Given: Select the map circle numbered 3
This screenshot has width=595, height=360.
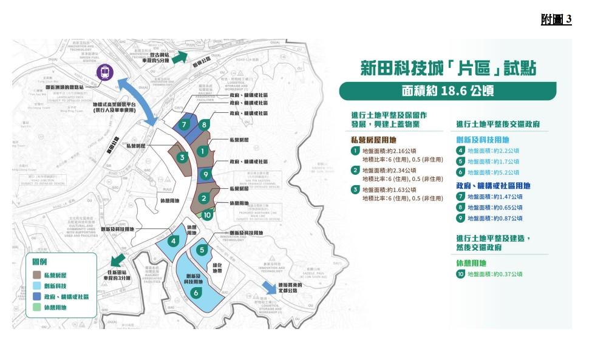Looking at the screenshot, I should click(182, 157).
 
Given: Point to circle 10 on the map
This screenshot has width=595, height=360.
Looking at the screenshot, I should click(207, 214).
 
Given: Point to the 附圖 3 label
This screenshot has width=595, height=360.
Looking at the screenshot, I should click(556, 19).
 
